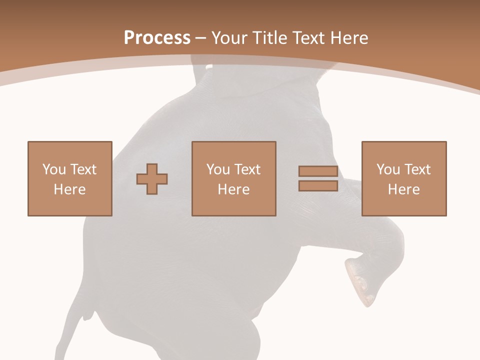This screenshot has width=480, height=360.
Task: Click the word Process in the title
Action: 157,38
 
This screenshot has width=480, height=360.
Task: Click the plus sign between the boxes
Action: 152,179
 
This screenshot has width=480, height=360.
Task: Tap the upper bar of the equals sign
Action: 318,171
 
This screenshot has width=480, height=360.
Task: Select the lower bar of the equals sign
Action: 318,186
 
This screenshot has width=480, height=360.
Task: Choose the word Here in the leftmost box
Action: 69,189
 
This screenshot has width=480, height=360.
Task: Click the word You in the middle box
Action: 217,169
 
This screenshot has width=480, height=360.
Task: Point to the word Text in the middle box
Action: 246,169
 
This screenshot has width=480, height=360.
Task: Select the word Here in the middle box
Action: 233,189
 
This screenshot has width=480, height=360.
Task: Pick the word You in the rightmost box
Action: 387,169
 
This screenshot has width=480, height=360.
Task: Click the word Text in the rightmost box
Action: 416,169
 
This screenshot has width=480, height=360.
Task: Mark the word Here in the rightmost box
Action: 403,189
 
